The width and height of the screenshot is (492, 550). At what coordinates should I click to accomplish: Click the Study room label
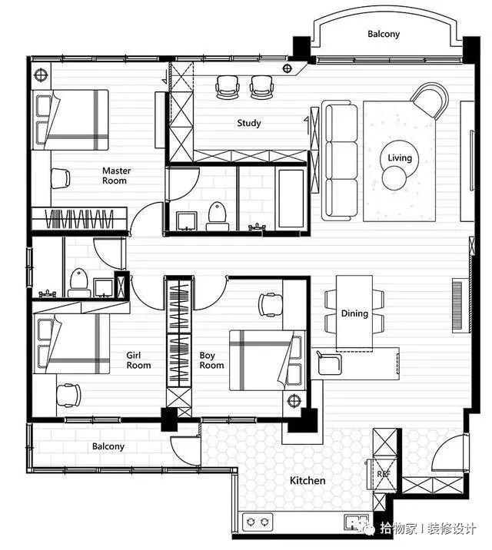[249, 123]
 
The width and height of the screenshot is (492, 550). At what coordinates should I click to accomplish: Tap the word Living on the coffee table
[400, 157]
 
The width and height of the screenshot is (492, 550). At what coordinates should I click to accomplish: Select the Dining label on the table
[354, 313]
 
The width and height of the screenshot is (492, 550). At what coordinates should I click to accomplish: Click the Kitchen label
[307, 480]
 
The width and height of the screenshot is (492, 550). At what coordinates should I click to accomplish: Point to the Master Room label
[117, 176]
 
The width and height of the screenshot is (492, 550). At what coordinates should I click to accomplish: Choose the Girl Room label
[138, 360]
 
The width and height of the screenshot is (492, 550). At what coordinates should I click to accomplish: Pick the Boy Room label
[211, 360]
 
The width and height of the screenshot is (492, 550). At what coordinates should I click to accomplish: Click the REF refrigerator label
[384, 474]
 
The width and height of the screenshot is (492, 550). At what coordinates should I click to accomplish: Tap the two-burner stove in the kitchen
[258, 522]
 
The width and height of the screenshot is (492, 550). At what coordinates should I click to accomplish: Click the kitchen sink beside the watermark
[356, 522]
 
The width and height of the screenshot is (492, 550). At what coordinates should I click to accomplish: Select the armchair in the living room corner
[430, 101]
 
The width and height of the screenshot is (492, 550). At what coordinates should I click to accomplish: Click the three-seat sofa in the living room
[340, 161]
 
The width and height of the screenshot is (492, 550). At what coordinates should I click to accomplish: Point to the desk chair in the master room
[61, 178]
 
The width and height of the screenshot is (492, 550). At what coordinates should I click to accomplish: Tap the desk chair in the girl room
[68, 396]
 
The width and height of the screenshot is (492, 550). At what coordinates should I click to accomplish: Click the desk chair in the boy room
[271, 304]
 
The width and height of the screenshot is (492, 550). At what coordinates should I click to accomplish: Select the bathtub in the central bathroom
[290, 200]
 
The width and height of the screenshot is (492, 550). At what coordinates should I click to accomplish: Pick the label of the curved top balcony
[384, 34]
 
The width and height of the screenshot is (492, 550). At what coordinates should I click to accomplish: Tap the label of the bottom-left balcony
[108, 446]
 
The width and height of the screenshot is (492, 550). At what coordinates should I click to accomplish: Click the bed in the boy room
[266, 360]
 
